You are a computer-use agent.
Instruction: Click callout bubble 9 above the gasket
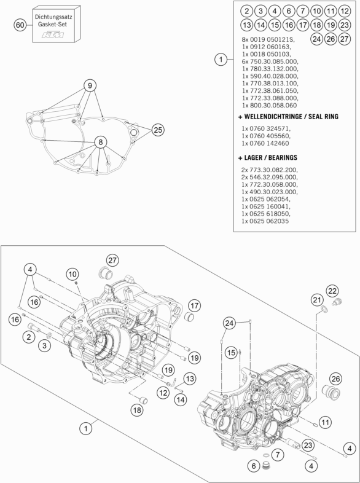click(x=90, y=85)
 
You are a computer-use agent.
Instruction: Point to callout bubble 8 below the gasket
click(x=97, y=142)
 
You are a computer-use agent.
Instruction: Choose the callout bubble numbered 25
click(x=158, y=130)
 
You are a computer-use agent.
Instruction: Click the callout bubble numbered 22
click(x=332, y=290)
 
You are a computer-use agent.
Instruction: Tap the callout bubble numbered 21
click(x=317, y=299)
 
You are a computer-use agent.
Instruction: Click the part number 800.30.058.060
click(x=274, y=105)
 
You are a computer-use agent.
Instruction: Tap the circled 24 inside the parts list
click(x=317, y=39)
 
